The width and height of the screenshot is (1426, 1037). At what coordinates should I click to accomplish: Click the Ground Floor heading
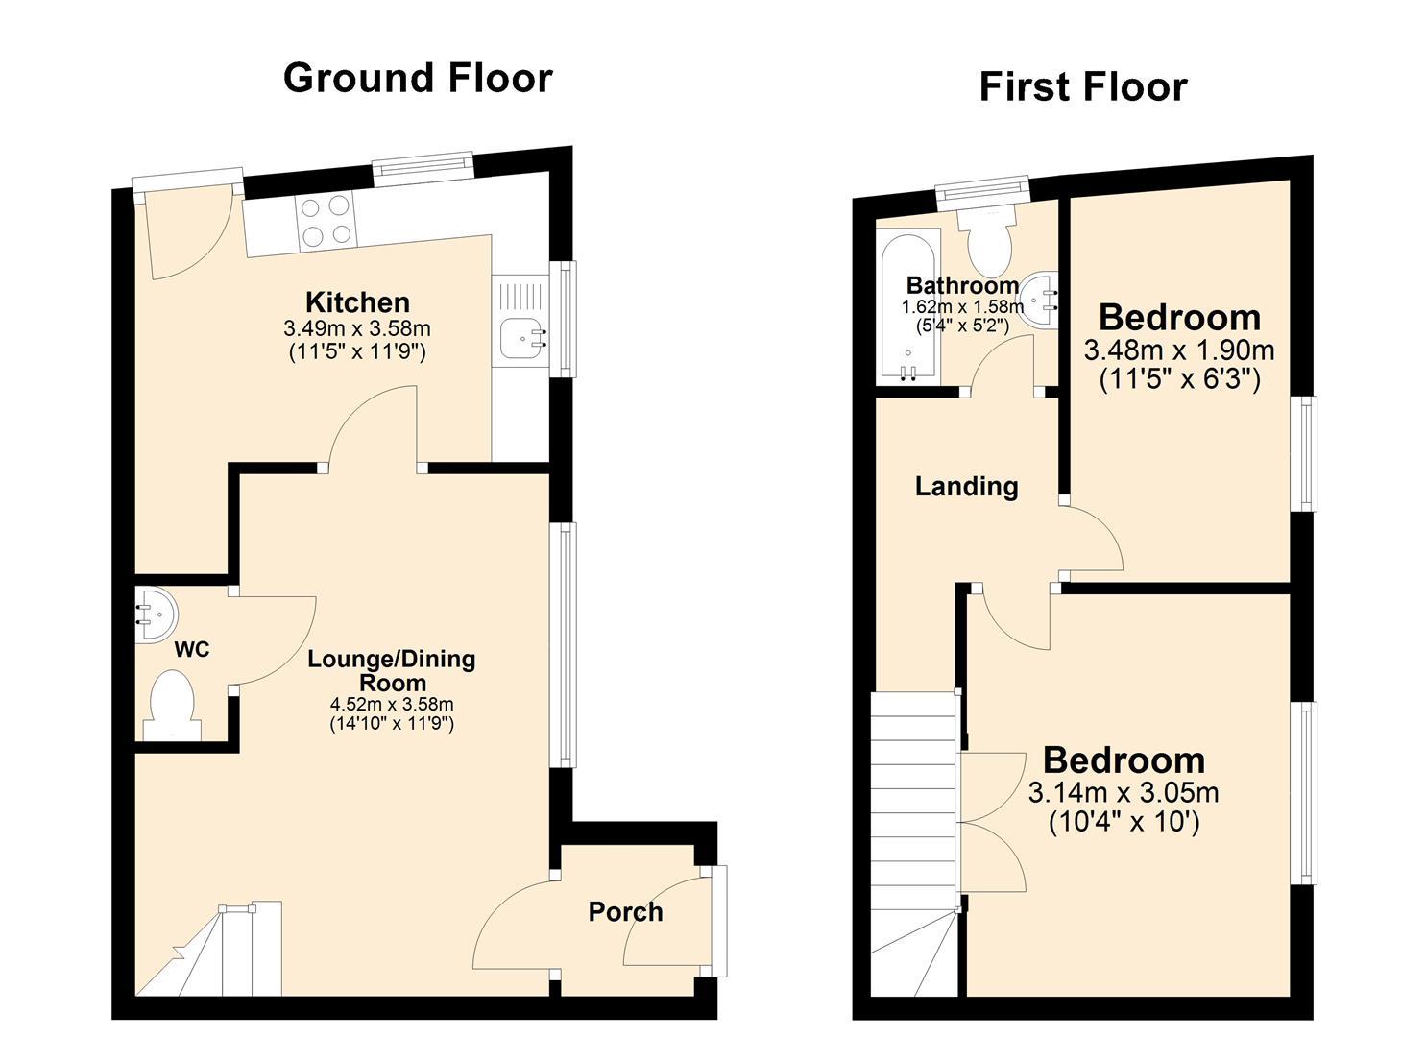[x=418, y=79]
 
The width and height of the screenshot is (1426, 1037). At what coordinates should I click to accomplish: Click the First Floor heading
[x=1083, y=87]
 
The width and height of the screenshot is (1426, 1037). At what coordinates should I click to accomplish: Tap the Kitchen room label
[x=358, y=301]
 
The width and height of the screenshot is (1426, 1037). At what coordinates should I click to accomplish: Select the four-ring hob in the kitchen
[x=326, y=221]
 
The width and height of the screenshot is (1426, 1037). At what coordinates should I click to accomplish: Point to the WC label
[x=192, y=649]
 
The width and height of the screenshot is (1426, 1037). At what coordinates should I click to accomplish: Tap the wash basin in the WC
[x=156, y=615]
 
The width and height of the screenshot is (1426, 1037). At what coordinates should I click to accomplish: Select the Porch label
[x=625, y=912]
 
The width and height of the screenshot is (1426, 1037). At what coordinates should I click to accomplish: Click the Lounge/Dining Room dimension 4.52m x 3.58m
[x=392, y=704]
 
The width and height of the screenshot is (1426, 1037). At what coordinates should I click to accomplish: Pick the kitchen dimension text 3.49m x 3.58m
[x=357, y=328]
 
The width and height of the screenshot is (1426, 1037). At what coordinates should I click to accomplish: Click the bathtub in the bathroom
[x=907, y=311]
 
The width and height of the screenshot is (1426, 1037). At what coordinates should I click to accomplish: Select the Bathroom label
[x=962, y=284]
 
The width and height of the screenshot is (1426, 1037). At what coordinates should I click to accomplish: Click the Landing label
[x=966, y=487]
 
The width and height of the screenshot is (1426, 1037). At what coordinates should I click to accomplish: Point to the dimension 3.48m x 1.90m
[x=1179, y=350]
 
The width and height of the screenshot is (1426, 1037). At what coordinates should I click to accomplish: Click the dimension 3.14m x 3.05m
[x=1124, y=793]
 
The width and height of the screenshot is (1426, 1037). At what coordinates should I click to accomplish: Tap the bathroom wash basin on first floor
[x=1039, y=301]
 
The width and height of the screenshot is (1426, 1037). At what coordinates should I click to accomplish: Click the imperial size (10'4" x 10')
[x=1124, y=822]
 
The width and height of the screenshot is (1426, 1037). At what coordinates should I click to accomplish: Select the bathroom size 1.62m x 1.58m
[x=962, y=307]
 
